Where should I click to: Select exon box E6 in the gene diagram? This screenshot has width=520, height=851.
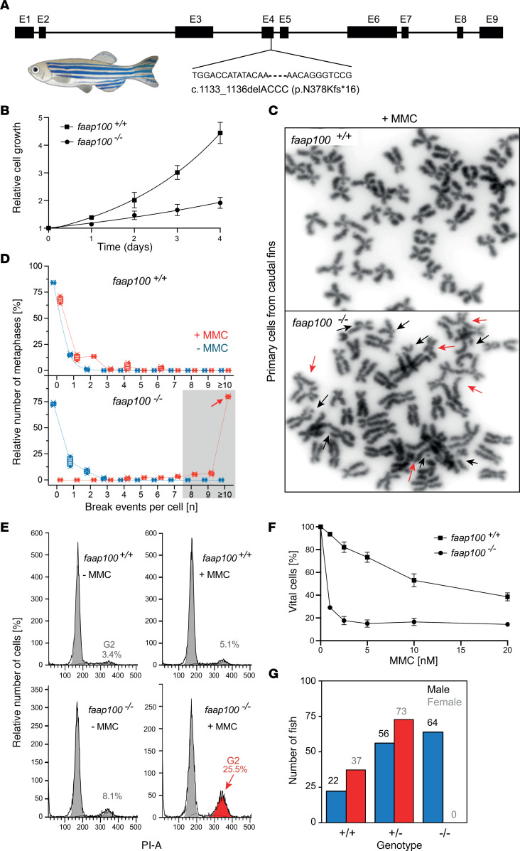click(372, 32)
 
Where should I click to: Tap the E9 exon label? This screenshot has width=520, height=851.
click(491, 16)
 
